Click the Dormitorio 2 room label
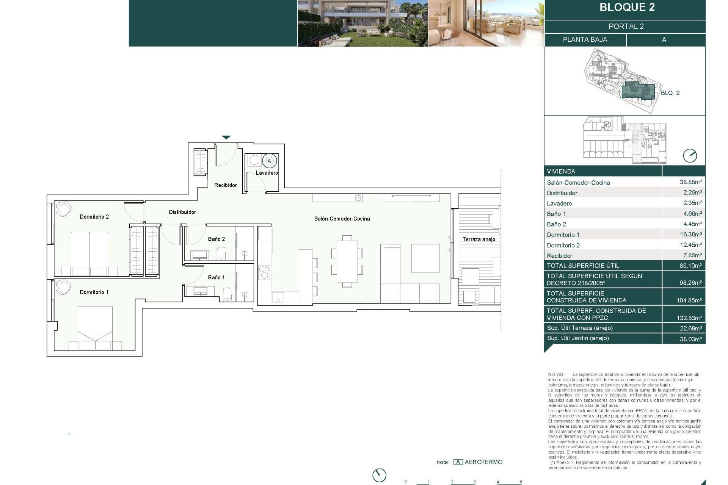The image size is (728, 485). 94,217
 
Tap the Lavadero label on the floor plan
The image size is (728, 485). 267,173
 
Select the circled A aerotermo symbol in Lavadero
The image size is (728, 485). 270,161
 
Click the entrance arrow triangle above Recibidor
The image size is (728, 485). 226,138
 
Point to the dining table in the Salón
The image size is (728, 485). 347,261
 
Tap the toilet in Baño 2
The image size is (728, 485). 221,253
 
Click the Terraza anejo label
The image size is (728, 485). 479,239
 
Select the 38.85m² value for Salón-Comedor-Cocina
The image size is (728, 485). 690,182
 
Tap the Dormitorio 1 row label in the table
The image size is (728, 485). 563,235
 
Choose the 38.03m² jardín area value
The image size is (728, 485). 690,339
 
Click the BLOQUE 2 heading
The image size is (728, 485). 627,8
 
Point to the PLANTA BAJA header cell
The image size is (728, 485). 585,40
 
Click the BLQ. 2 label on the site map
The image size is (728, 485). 670,93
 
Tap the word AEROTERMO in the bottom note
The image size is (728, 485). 483,462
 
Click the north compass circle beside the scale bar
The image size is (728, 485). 379,475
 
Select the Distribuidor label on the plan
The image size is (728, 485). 182,212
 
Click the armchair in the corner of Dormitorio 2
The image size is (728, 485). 63,209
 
